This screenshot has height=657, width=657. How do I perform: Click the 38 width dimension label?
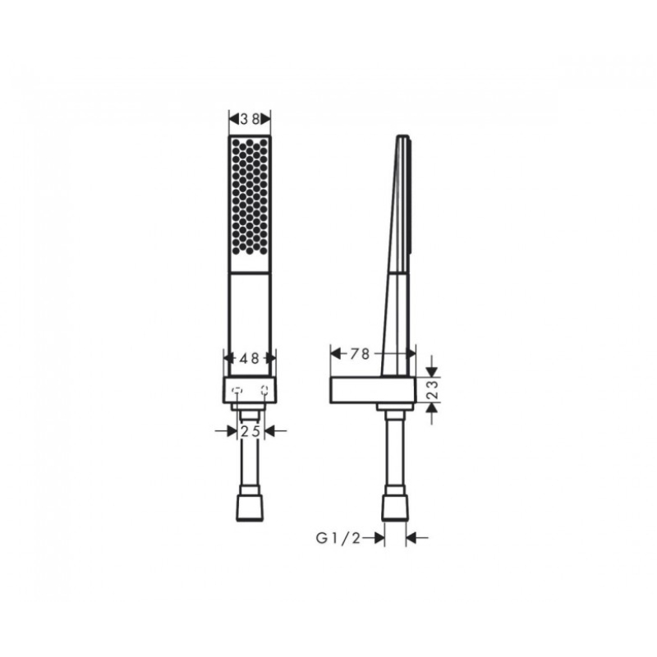click(250, 119)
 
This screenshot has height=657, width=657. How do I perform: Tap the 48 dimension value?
click(250, 358)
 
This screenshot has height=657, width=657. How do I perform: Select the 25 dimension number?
click(250, 430)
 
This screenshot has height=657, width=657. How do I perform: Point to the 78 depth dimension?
click(360, 354)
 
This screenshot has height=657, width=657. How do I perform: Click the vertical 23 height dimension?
click(434, 389)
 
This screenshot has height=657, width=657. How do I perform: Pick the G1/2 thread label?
click(338, 538)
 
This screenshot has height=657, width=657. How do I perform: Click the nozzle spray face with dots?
click(250, 197)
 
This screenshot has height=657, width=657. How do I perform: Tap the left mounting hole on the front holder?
click(237, 391)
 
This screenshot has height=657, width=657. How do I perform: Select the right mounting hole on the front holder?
click(264, 391)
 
